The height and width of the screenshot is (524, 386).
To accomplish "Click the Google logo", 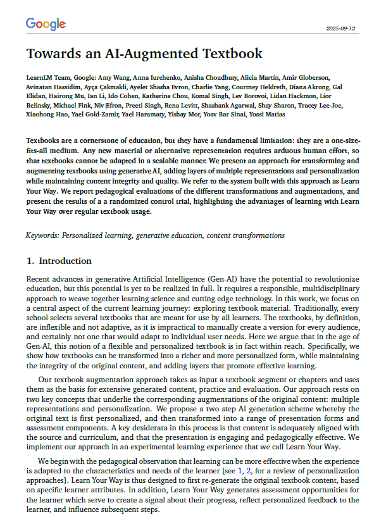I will tap(46, 24).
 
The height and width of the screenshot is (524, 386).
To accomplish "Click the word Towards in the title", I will tap(56, 53).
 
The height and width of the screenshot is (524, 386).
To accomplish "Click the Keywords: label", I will tap(42, 235).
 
